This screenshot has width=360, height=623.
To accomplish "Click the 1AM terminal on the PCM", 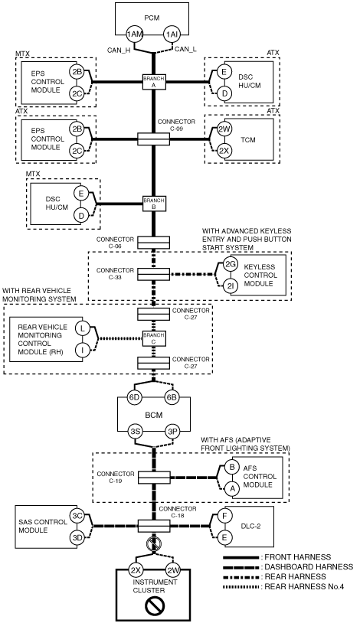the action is [x=135, y=34].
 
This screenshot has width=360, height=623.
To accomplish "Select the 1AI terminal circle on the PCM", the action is [x=172, y=34].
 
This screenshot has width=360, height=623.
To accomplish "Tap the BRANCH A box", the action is [x=153, y=82].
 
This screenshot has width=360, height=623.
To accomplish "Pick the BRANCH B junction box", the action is [x=153, y=204].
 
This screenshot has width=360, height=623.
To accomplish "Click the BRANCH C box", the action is [x=153, y=338].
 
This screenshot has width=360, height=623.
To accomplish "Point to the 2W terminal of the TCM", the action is [x=224, y=129].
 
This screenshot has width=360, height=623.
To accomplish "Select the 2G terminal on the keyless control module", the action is [x=231, y=265].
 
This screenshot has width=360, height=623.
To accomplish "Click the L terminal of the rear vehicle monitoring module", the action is [x=83, y=328].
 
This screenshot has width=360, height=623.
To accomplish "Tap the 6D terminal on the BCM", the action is [x=135, y=397].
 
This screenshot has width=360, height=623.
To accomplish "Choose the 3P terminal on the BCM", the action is [x=172, y=432].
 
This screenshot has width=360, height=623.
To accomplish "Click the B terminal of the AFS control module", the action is [x=232, y=467].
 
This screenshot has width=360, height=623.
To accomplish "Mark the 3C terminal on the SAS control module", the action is [x=77, y=516].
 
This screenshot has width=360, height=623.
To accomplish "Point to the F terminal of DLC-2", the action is [x=224, y=516].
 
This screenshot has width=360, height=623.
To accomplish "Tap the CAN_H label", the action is [x=119, y=50].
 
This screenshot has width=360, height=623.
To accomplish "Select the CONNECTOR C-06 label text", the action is [x=115, y=243].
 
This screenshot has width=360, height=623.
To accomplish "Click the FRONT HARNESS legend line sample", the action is [x=241, y=557].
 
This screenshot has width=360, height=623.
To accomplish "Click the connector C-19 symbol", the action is [x=154, y=477].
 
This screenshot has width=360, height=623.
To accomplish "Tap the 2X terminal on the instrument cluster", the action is [x=136, y=570].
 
